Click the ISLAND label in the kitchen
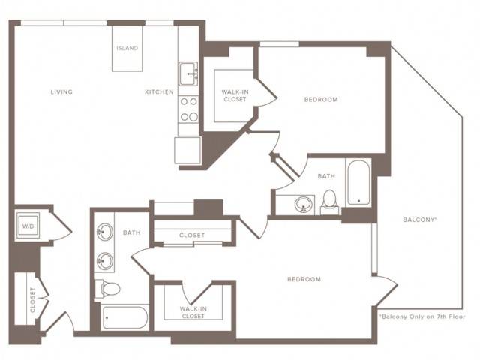coord(127,48)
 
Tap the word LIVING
coord(61,91)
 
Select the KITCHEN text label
coord(159,91)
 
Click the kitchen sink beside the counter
coord(188,73)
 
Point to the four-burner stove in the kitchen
coord(188,109)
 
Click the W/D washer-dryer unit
coord(28,226)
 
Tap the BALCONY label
coord(419,220)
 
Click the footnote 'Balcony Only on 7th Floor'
coord(422,316)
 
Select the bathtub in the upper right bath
coord(358,183)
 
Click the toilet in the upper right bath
coord(330,202)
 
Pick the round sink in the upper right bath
coord(304,204)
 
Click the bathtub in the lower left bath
coord(125,317)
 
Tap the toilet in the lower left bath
coord(107,288)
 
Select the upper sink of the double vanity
coord(105,232)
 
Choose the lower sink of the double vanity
coord(105,261)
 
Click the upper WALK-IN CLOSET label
coord(235,95)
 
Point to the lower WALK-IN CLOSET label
coord(193,312)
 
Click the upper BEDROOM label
coord(321,99)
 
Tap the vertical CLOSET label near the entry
coord(33,300)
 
